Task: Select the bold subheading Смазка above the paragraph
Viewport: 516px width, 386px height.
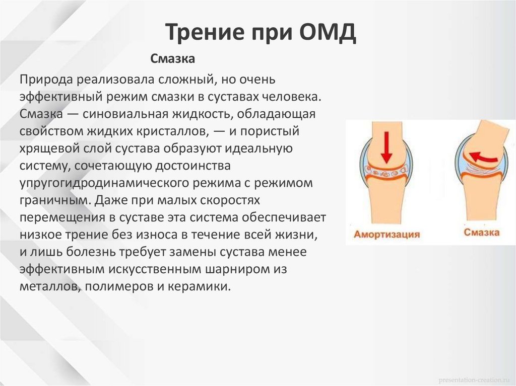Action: [173, 59]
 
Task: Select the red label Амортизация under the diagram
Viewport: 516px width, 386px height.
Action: [386, 235]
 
